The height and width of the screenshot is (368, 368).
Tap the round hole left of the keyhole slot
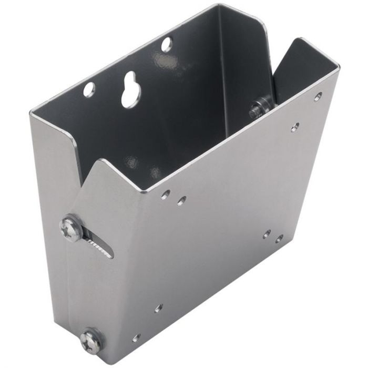pyautogui.click(x=89, y=89)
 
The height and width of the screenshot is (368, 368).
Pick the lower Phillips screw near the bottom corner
pyautogui.click(x=91, y=340)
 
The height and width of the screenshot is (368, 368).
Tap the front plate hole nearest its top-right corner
pyautogui.click(x=318, y=97)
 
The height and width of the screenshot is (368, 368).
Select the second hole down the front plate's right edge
pyautogui.click(x=295, y=127)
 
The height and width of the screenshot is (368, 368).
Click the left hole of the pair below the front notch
pyautogui.click(x=166, y=195)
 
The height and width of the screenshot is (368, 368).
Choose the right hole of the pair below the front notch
pyautogui.click(x=181, y=200)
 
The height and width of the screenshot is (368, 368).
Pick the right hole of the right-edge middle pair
pyautogui.click(x=279, y=240)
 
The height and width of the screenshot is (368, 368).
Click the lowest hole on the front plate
pyautogui.click(x=137, y=338)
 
